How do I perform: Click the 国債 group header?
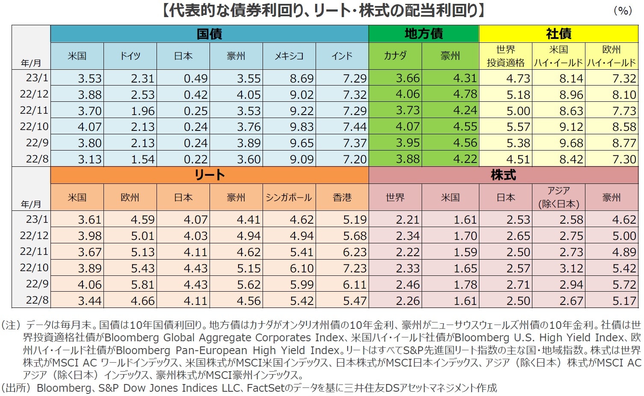pyautogui.click(x=209, y=34)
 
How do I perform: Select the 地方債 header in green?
pyautogui.click(x=423, y=34)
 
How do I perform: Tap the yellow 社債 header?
pyautogui.click(x=558, y=34)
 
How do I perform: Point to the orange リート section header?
pyautogui.click(x=209, y=175)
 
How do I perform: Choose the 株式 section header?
pyautogui.click(x=503, y=175)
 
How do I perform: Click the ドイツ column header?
pyautogui.click(x=130, y=56)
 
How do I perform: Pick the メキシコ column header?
pyautogui.click(x=289, y=56)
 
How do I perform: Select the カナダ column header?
pyautogui.click(x=395, y=56)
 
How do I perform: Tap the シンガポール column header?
pyautogui.click(x=289, y=197)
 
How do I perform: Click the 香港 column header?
pyautogui.click(x=342, y=197)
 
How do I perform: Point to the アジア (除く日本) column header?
pyautogui.click(x=558, y=197)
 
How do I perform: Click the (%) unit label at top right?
pyautogui.click(x=623, y=11)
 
